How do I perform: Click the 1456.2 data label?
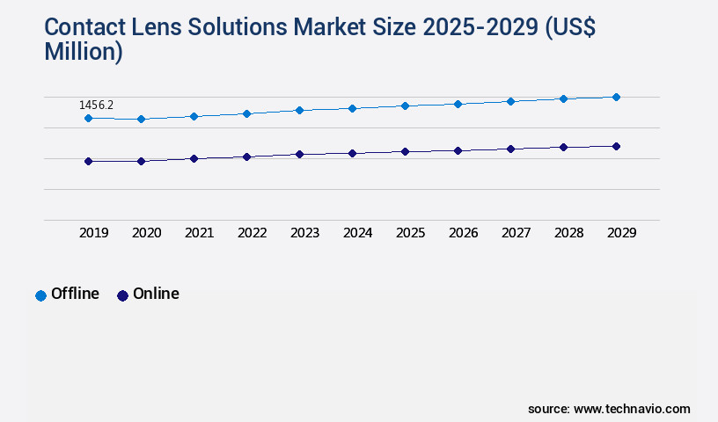96,105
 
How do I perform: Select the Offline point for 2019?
88,118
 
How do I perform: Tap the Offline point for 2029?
616,97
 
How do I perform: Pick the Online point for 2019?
88,161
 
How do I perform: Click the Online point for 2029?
616,146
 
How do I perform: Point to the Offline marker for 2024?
352,108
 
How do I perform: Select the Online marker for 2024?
352,153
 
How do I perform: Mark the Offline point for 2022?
246,113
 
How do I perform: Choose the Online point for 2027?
510,149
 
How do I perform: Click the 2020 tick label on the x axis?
146,233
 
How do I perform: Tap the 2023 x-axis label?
304,233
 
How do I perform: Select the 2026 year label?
463,233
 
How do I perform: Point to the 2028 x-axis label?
568,233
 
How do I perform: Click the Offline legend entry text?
75,294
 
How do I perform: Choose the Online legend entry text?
156,294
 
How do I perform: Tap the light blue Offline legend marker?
40,295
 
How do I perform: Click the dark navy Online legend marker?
122,295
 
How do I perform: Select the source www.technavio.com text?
609,409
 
